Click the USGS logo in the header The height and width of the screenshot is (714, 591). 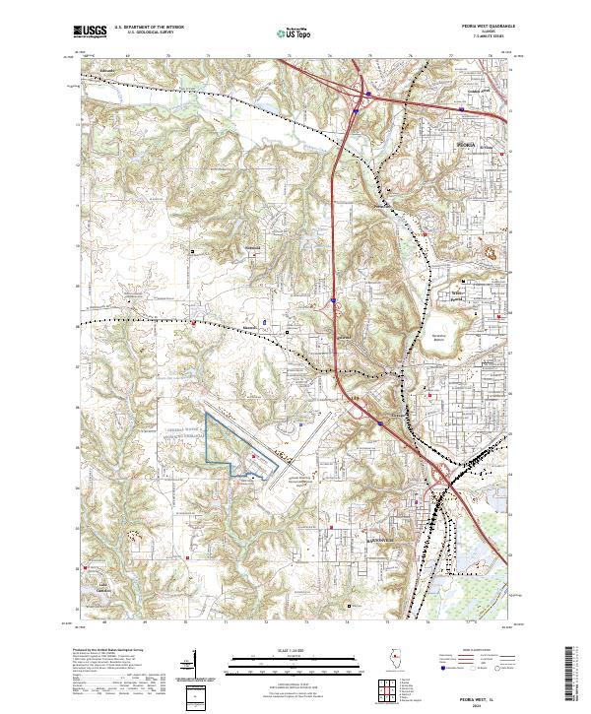click(x=90, y=32)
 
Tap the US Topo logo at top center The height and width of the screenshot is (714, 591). click(x=293, y=32)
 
